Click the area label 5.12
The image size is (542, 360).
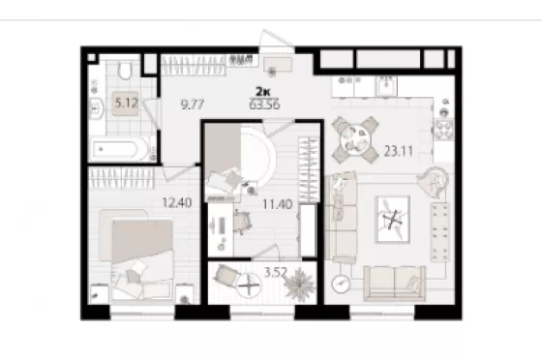coord(127,103)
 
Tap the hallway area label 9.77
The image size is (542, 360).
coord(193,105)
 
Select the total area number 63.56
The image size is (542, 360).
coord(264,105)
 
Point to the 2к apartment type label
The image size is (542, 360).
coord(263,92)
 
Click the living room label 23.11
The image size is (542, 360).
coord(398,151)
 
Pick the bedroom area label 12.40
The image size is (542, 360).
coord(177,202)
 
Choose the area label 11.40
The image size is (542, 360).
coord(277,204)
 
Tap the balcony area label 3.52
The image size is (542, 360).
coord(276,272)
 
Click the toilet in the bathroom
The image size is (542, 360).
coord(125,70)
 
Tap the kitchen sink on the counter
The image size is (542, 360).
coord(386,85)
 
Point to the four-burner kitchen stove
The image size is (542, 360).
coord(444,130)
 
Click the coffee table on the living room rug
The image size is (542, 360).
coord(393,220)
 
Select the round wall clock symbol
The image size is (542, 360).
coord(341,284)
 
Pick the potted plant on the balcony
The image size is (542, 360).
coord(299,284)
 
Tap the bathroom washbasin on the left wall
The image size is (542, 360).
coord(97,108)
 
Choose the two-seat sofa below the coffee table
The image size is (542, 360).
coord(395,284)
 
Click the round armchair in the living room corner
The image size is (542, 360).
coord(434,181)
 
